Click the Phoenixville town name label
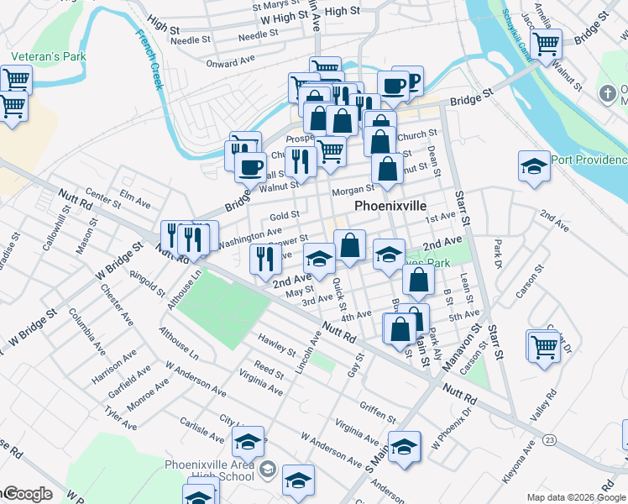click(x=390, y=206)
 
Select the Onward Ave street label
click(x=230, y=62)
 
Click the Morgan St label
click(x=353, y=191)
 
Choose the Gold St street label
click(x=285, y=216)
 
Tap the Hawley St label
click(x=277, y=345)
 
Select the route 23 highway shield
click(x=549, y=439)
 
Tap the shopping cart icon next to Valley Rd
click(x=544, y=344)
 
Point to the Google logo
click(x=27, y=494)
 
